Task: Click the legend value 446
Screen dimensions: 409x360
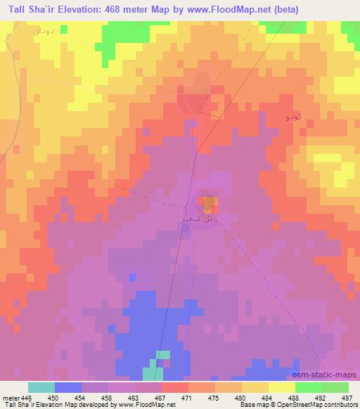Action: click(25, 397)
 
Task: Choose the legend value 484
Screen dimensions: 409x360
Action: click(269, 397)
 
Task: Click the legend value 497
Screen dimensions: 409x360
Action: click(347, 397)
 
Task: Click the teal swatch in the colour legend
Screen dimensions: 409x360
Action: click(41, 387)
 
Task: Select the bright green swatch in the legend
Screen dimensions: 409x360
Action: click(309, 387)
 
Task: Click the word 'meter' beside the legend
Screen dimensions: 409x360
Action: click(10, 397)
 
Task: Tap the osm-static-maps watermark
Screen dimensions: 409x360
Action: click(328, 376)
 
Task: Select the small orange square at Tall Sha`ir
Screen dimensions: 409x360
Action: click(210, 204)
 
